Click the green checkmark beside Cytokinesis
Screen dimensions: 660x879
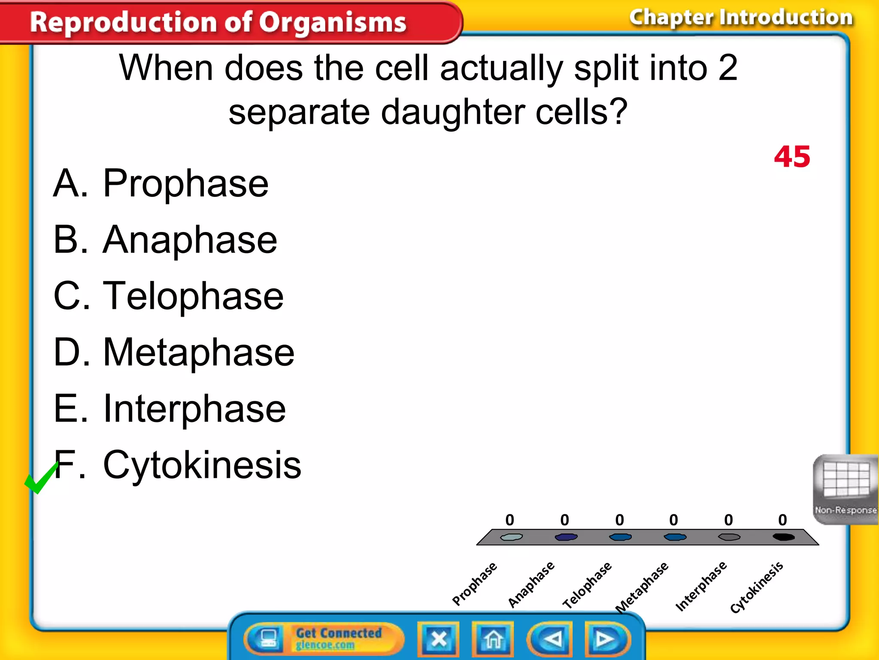tap(41, 478)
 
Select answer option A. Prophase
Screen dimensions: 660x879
tap(161, 183)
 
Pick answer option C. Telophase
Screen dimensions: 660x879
tap(169, 296)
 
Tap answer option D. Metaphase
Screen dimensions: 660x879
tap(174, 352)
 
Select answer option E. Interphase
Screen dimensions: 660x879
tap(170, 409)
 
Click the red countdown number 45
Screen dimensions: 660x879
tap(792, 157)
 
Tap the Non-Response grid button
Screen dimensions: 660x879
tap(845, 489)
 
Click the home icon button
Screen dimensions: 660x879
tap(493, 639)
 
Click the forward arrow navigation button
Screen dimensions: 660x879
tap(606, 639)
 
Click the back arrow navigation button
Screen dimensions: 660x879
tap(552, 639)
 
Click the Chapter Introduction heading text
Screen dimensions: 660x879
tap(741, 18)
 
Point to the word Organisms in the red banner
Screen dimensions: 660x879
tap(333, 22)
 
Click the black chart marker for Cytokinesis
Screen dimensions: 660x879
tap(784, 537)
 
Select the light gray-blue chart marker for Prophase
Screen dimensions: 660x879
tap(511, 537)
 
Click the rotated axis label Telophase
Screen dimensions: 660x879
tap(587, 585)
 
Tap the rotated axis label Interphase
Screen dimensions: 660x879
tap(701, 585)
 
